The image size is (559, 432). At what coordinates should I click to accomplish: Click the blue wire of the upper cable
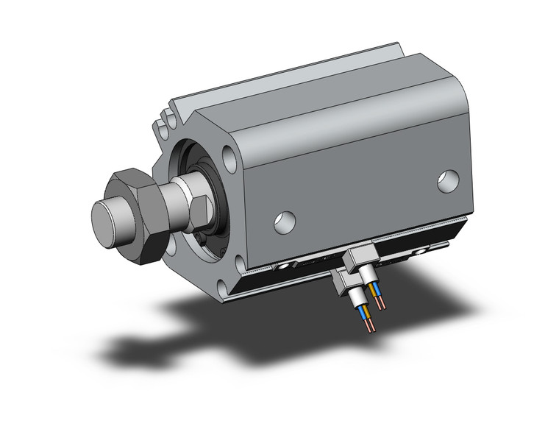click(x=374, y=300)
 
